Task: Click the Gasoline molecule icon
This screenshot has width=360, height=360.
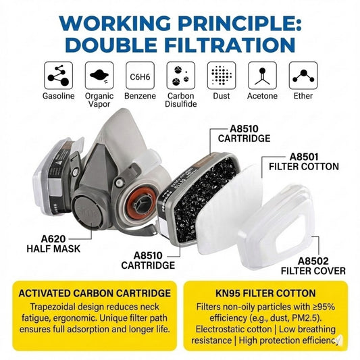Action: pos(58,76)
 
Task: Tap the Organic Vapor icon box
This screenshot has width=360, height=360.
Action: pos(99,76)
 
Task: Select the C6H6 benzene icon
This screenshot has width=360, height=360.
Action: pos(140,76)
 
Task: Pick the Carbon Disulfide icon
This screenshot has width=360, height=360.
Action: pos(181,76)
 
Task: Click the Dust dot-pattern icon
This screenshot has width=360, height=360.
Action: pos(222,76)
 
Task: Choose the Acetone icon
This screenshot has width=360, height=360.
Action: pos(263,76)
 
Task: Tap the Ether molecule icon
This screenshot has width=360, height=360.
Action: pos(303,76)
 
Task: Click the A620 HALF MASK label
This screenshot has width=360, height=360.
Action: pos(53,244)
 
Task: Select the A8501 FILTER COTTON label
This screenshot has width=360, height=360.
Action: pos(304,162)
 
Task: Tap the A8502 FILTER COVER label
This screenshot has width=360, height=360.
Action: pos(313,266)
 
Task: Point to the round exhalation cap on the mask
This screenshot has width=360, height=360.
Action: pos(88,211)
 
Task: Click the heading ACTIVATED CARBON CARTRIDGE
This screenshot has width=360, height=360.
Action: pos(95,293)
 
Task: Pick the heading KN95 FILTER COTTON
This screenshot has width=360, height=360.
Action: pos(265,293)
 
